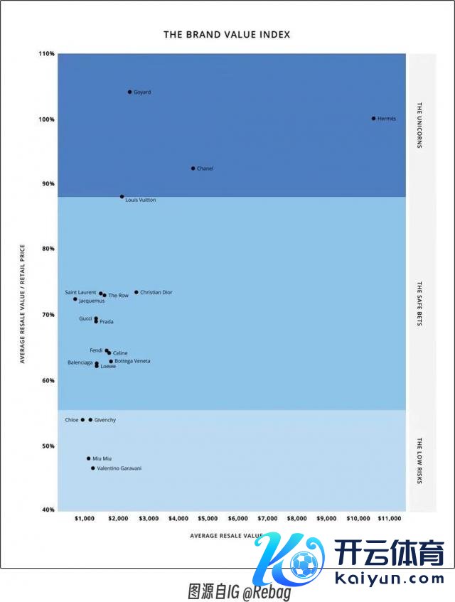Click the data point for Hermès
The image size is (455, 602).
click(x=373, y=119)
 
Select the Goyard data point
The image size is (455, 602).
click(x=129, y=92)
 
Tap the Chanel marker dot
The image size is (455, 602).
click(x=193, y=168)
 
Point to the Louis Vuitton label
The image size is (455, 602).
click(x=141, y=200)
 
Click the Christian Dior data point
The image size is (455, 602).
click(x=136, y=292)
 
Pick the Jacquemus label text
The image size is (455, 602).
click(x=92, y=301)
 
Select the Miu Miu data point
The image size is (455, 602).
click(x=89, y=458)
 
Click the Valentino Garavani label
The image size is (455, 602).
click(x=119, y=468)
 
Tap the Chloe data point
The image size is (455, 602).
click(x=82, y=420)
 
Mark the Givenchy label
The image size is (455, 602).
click(x=105, y=420)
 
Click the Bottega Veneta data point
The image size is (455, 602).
click(x=111, y=361)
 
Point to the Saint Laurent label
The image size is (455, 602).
click(x=80, y=292)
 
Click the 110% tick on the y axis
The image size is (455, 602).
click(x=47, y=54)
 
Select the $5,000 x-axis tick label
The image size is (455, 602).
click(x=208, y=519)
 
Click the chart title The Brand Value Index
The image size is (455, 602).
click(x=227, y=34)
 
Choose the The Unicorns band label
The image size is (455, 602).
click(x=419, y=125)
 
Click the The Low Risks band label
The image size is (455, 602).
click(x=419, y=461)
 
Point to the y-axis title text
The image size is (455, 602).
click(x=22, y=304)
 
